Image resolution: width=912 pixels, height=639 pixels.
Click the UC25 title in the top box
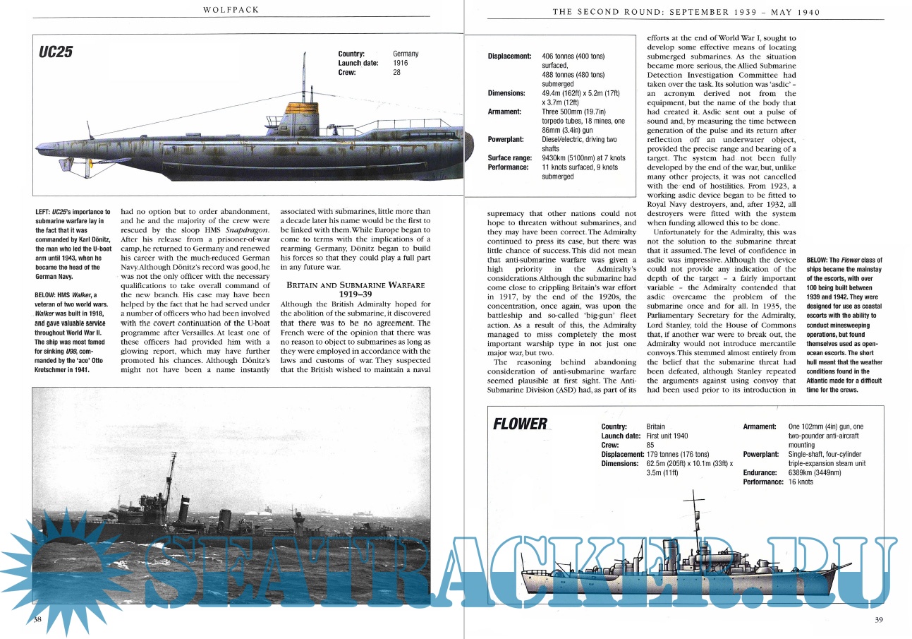56,52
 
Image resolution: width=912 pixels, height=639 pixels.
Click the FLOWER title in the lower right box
520,424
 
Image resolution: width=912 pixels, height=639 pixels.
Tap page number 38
37,619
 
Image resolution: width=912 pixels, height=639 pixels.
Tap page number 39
879,619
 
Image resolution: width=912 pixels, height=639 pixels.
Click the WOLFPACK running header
231,9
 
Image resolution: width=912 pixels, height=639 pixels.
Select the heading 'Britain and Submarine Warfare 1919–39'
355,289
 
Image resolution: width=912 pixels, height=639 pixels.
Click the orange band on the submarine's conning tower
302,109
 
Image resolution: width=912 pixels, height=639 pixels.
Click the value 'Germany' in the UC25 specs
406,54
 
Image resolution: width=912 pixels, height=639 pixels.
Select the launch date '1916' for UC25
400,63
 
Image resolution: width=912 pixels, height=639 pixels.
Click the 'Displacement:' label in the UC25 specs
509,56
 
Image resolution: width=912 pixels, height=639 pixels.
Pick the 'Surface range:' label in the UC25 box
510,157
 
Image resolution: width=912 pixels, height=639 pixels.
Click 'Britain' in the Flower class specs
655,426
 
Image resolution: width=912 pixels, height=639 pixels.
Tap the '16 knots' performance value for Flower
801,482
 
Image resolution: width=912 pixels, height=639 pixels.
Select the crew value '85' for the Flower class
650,445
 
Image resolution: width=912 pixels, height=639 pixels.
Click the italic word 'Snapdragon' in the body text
247,230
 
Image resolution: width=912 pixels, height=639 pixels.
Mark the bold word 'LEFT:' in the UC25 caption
42,212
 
